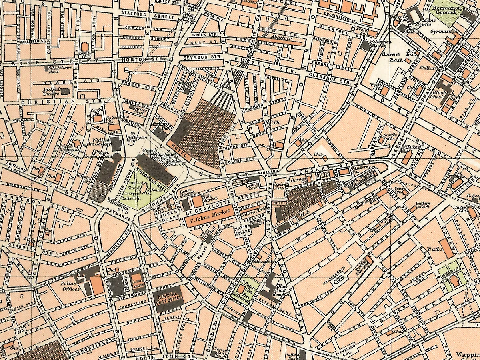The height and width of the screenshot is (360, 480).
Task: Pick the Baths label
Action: [434, 250]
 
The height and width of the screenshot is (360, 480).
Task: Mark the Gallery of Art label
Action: [424, 205]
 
